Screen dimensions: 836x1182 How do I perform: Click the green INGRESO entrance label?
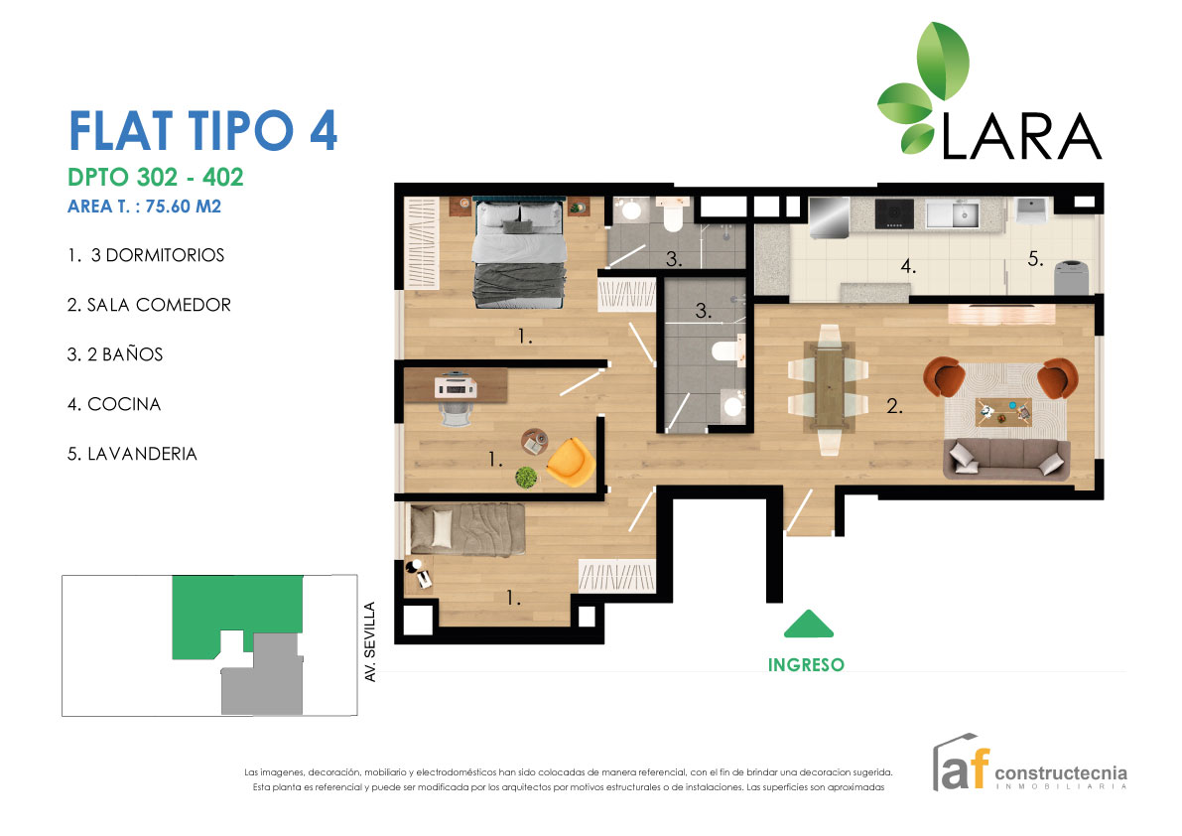click(806, 665)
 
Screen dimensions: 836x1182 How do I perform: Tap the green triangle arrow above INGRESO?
click(809, 625)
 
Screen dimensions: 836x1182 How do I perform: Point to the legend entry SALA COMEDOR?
click(149, 305)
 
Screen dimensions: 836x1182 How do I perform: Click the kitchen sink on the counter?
click(961, 212)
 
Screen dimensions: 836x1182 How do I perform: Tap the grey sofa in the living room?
click(1006, 459)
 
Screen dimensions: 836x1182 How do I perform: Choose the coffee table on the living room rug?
click(1003, 409)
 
